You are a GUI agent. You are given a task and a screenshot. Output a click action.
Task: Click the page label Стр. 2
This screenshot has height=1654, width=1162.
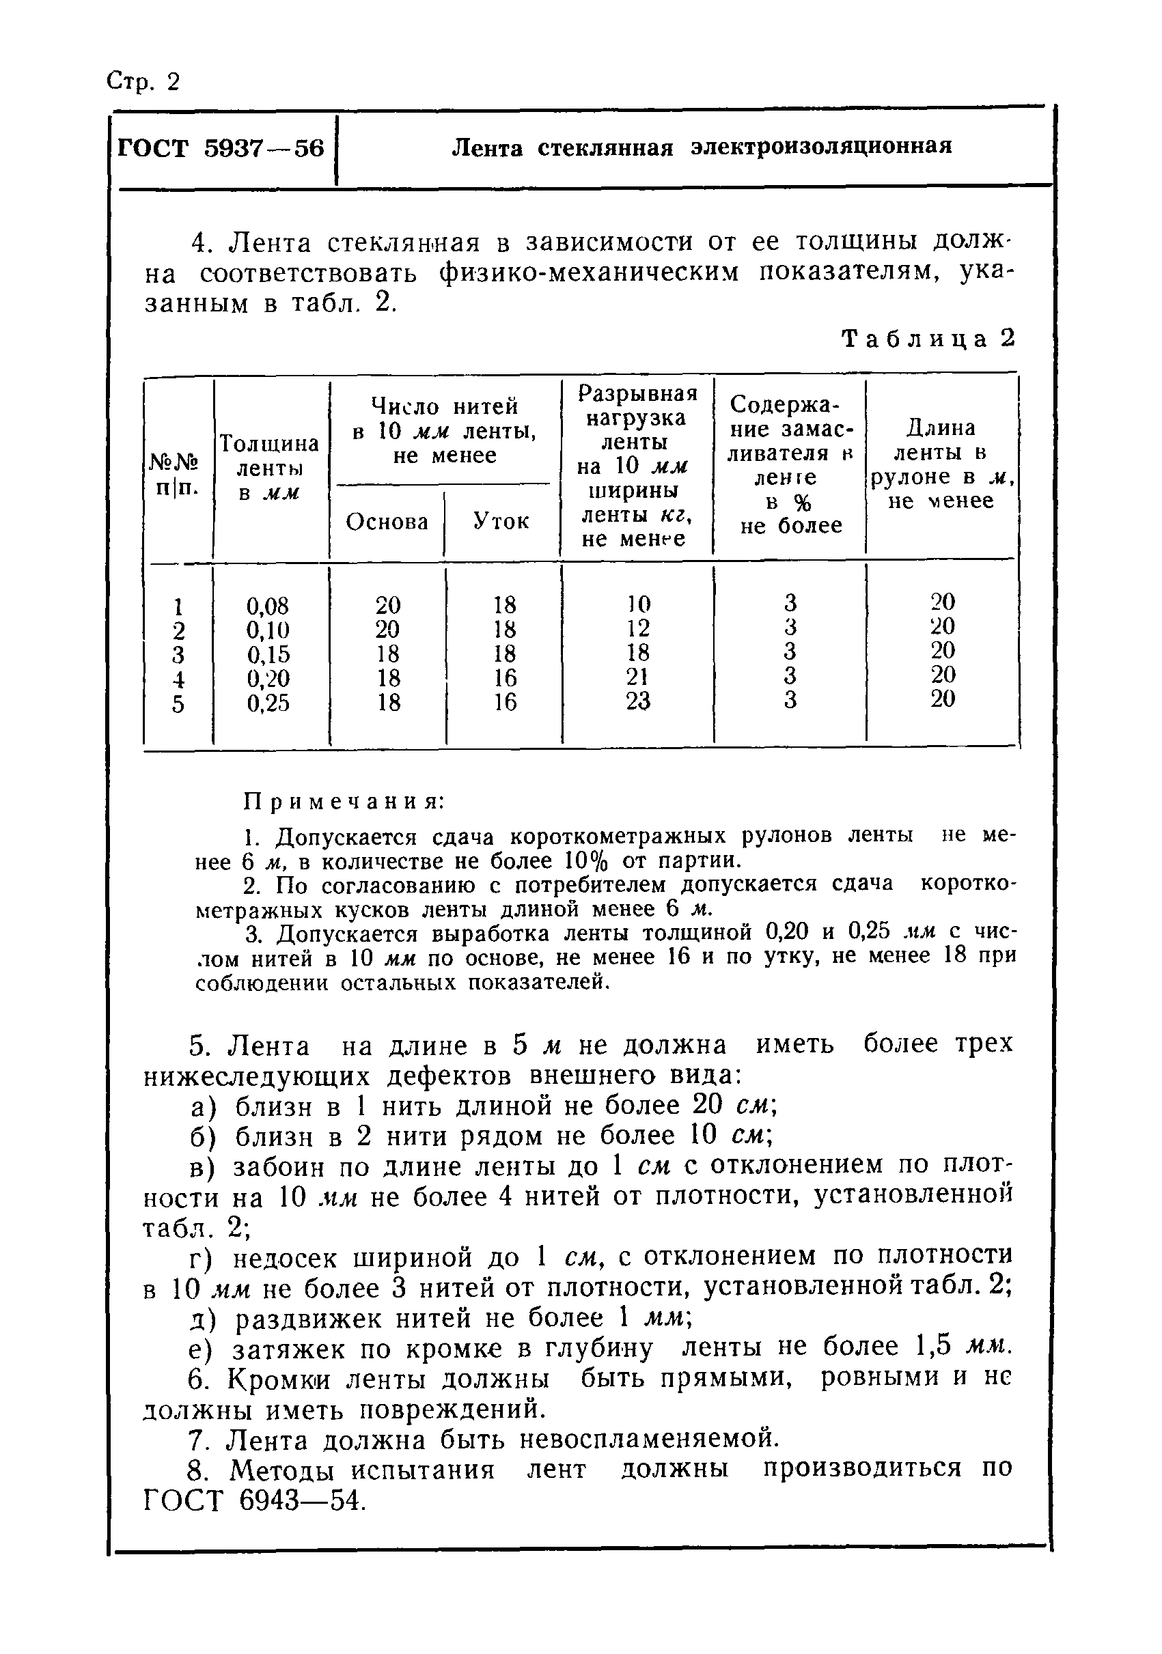143,81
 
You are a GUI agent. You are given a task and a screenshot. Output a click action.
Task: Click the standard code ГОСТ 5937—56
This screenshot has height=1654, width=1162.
221,148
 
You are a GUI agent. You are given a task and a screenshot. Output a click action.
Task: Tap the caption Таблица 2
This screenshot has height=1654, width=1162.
928,339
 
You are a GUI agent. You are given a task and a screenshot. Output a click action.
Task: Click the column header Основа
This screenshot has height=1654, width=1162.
387,522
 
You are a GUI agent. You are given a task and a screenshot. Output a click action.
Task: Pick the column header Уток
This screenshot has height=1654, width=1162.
501,521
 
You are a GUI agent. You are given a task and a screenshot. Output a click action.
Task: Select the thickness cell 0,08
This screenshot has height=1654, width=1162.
268,606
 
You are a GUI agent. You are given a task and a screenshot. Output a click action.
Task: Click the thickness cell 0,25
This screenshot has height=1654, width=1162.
268,703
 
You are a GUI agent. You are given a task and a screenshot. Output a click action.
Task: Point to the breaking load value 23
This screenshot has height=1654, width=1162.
637,701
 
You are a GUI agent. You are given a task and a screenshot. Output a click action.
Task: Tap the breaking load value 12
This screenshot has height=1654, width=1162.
637,628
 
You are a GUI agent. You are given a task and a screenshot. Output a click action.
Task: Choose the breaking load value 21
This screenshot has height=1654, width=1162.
637,677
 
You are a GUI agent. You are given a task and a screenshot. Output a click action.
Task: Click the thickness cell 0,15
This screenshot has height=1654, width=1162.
268,654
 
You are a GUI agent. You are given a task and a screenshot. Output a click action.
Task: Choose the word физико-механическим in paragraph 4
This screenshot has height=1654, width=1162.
590,275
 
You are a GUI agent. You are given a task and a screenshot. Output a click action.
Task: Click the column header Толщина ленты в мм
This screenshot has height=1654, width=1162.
268,468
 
